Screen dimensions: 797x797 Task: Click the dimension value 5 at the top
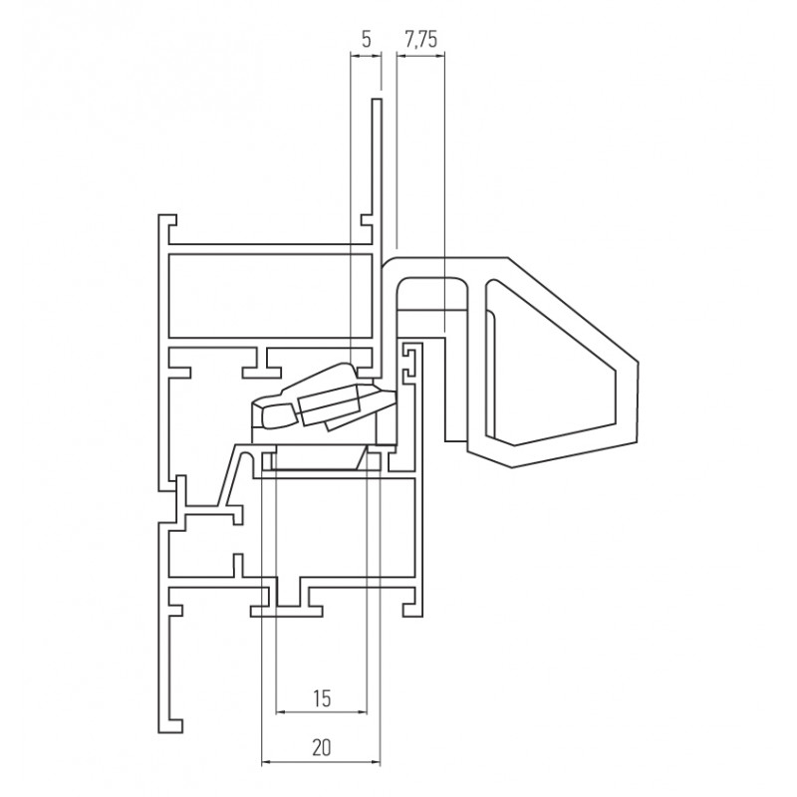[367, 39]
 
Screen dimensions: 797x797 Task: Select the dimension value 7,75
[420, 39]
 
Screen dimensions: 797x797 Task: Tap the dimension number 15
[322, 698]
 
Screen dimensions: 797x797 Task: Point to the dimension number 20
[321, 748]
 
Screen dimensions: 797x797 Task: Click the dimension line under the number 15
[321, 712]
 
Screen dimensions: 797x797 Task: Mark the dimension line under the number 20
[321, 762]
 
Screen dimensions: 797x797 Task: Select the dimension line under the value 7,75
[420, 56]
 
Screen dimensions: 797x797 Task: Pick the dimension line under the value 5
[366, 56]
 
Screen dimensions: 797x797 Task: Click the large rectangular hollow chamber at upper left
[270, 295]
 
